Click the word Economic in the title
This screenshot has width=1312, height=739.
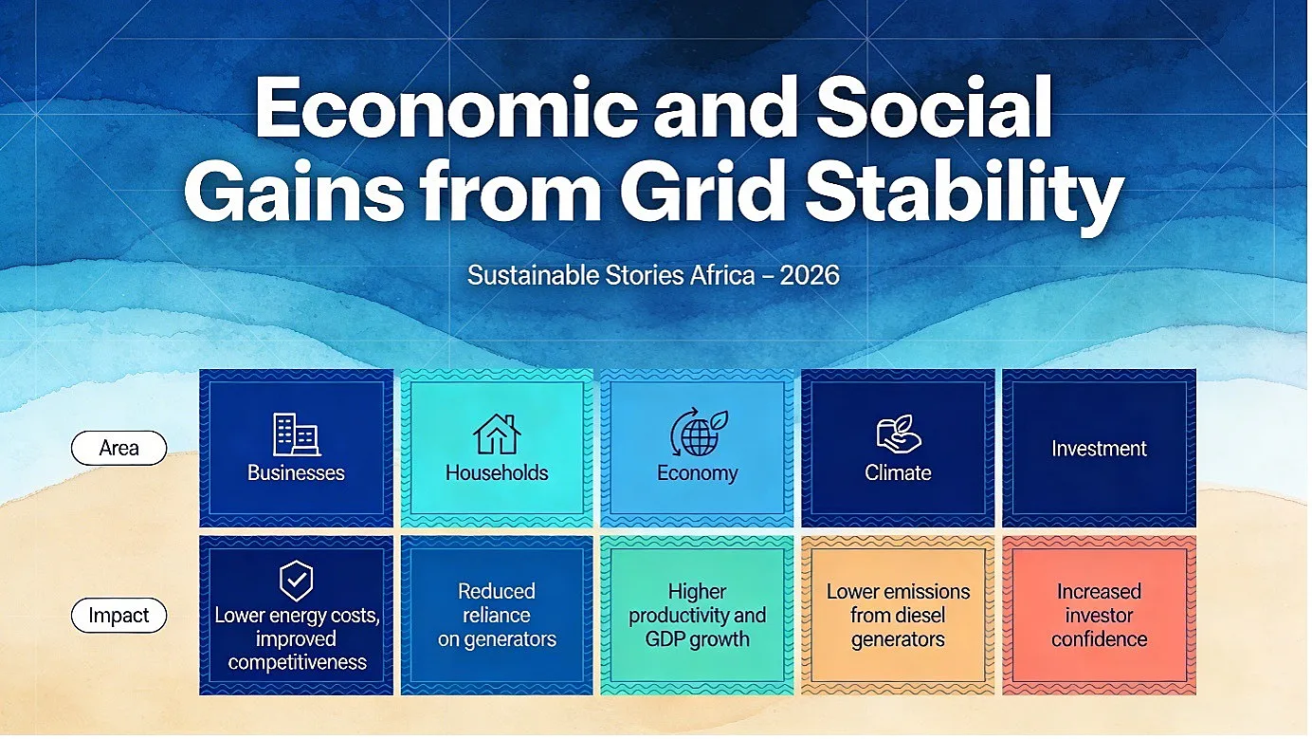click(x=446, y=107)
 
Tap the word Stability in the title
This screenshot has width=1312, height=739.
click(x=964, y=193)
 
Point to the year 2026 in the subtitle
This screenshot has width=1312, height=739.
click(x=810, y=275)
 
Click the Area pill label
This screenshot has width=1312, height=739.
click(x=118, y=448)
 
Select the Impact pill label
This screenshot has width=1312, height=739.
click(x=118, y=616)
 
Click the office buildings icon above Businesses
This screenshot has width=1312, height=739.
click(x=297, y=434)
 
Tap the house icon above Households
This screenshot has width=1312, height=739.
click(x=497, y=434)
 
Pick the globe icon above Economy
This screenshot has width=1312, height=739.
click(x=698, y=434)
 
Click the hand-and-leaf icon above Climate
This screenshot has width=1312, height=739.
click(x=899, y=434)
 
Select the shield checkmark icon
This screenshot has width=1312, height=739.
click(x=297, y=581)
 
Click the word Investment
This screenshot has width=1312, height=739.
click(x=1099, y=449)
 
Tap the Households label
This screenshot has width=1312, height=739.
click(x=497, y=473)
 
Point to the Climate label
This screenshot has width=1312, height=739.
click(x=898, y=473)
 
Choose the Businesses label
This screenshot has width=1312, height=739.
click(x=296, y=473)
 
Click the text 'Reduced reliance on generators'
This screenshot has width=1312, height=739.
click(x=497, y=616)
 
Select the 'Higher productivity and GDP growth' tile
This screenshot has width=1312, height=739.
click(x=697, y=616)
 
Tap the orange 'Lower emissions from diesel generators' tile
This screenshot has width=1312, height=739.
click(x=898, y=616)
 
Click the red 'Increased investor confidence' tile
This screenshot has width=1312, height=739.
click(x=1099, y=616)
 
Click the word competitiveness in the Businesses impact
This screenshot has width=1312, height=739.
click(x=297, y=663)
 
